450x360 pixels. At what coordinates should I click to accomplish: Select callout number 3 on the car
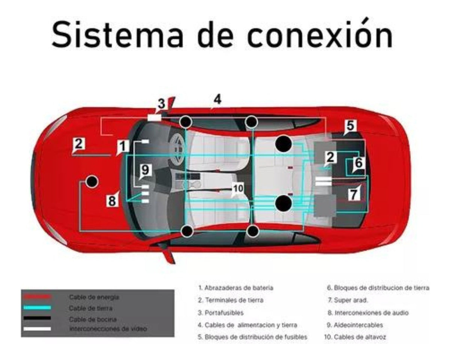pyautogui.click(x=161, y=104)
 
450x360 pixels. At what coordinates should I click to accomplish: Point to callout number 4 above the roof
pyautogui.click(x=217, y=99)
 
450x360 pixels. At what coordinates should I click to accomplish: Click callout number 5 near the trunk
pyautogui.click(x=350, y=126)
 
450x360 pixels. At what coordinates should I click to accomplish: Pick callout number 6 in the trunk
pyautogui.click(x=358, y=163)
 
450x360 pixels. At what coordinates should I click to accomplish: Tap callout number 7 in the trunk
pyautogui.click(x=353, y=194)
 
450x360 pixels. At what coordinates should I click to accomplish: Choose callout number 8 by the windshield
pyautogui.click(x=112, y=201)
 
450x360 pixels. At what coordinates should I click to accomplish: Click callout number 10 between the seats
pyautogui.click(x=238, y=188)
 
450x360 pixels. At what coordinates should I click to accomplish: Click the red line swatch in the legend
pyautogui.click(x=36, y=297)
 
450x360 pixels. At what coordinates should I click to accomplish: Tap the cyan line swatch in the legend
pyautogui.click(x=36, y=307)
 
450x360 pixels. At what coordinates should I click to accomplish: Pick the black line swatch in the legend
pyautogui.click(x=36, y=318)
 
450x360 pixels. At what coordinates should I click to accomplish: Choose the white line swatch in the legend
pyautogui.click(x=36, y=329)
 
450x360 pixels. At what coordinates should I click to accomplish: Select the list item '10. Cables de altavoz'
pyautogui.click(x=355, y=337)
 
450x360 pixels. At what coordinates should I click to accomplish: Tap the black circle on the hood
pyautogui.click(x=91, y=181)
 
